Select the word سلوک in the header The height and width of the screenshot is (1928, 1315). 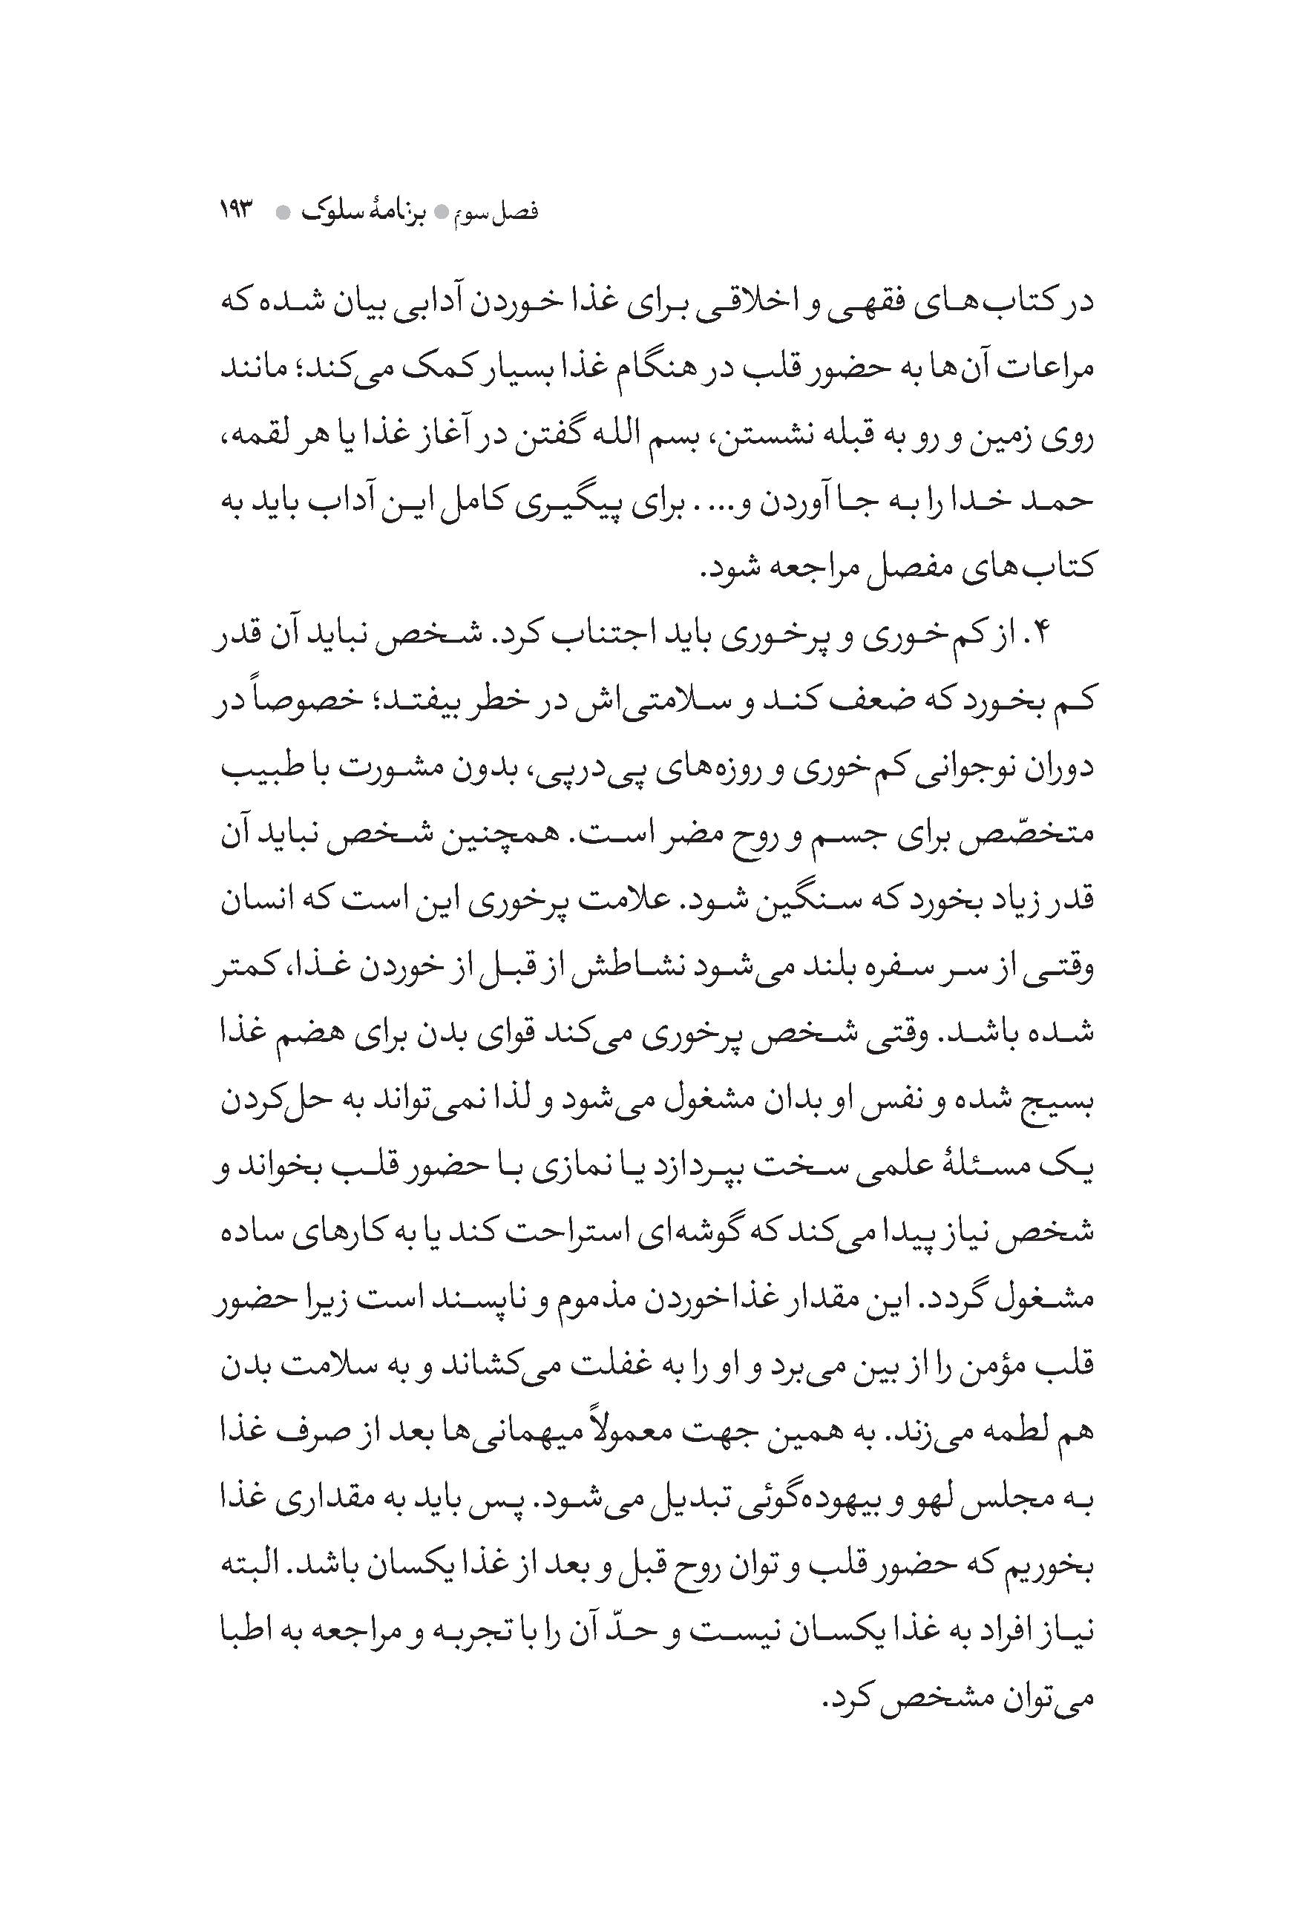[x=332, y=212]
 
